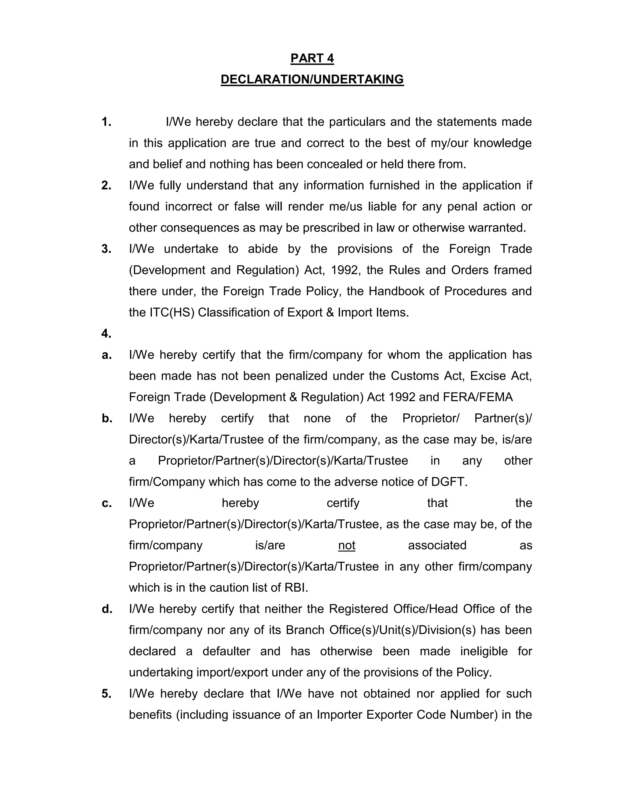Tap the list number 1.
click(106, 122)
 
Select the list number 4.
click(106, 334)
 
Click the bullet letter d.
click(107, 609)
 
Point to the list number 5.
click(106, 694)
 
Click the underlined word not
click(346, 546)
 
